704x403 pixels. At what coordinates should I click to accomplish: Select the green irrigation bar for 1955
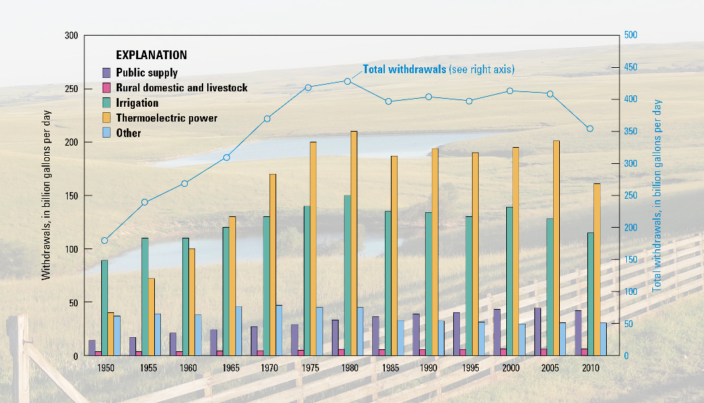point(145,296)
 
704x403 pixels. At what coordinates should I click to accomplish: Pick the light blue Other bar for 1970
point(279,330)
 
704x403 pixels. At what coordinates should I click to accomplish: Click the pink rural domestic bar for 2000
point(504,352)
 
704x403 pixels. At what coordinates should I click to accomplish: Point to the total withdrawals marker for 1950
point(105,240)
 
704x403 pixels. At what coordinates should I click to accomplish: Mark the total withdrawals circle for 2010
point(590,128)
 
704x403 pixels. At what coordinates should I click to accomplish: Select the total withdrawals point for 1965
point(227,157)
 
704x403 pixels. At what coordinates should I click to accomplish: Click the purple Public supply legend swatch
point(106,73)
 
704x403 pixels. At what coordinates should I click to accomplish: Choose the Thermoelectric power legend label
point(166,118)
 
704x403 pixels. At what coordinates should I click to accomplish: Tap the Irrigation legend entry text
point(137,103)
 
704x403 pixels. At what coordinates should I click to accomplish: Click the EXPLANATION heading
point(152,55)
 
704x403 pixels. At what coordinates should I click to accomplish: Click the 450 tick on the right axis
point(630,67)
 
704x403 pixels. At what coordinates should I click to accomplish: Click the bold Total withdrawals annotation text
point(404,69)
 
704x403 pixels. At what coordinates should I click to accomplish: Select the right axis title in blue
point(658,195)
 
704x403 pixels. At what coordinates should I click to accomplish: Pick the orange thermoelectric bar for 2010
point(597,269)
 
